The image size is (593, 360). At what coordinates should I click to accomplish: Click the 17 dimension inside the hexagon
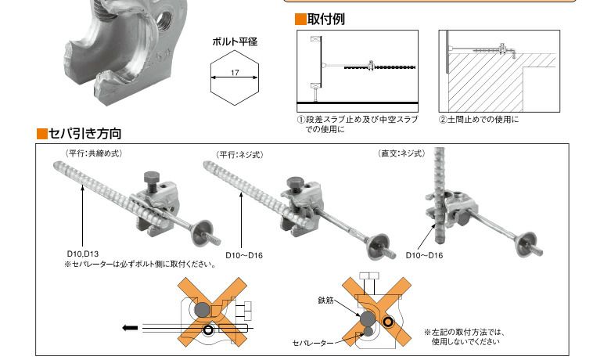point(235,73)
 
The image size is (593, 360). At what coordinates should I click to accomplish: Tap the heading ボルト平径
point(235,41)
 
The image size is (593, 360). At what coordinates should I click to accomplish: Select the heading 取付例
point(326,19)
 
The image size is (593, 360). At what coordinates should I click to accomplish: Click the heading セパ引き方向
point(85,134)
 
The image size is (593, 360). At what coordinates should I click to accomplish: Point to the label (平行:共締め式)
point(94,153)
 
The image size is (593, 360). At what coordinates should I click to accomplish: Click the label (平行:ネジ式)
point(239,155)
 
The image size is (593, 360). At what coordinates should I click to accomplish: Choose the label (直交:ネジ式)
point(401,153)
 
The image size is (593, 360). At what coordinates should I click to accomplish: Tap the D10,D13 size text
point(83,254)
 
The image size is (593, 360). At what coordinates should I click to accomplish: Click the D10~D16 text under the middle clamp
point(244,255)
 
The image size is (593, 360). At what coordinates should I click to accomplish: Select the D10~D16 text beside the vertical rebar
point(424,255)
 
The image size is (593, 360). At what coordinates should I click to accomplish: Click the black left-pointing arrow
point(130,328)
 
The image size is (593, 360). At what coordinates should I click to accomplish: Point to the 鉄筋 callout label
point(325,301)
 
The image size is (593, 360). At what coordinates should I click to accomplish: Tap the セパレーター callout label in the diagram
point(313,343)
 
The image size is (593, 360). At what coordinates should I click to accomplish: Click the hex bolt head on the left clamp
point(151,177)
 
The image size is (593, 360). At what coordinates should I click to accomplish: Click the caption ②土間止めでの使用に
point(479,120)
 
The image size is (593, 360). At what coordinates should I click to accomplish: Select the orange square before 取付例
point(300,20)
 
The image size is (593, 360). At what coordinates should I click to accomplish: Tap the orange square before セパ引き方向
point(42,134)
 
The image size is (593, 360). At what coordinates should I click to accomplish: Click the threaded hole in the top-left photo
point(164,17)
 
